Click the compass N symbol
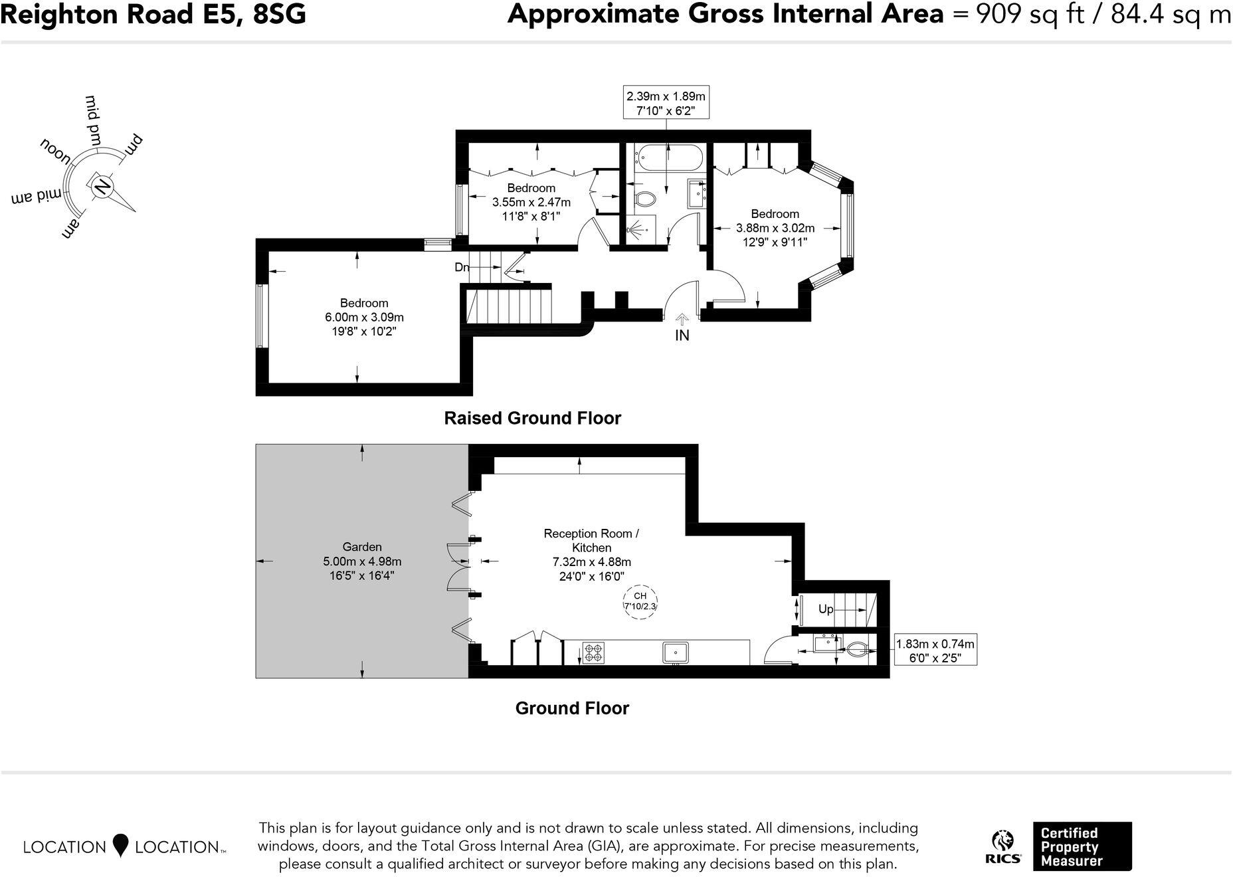(x=102, y=187)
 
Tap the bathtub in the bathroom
(x=668, y=157)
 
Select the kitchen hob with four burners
(x=593, y=652)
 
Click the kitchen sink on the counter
(x=675, y=652)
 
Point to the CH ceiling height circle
(x=640, y=601)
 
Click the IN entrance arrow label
(x=682, y=336)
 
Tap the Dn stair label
(x=462, y=268)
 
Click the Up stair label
(x=826, y=609)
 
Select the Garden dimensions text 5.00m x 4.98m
(x=362, y=561)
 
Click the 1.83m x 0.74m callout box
(x=935, y=650)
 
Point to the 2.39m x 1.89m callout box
(x=666, y=103)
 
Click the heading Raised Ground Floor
(x=532, y=418)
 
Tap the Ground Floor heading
(x=572, y=708)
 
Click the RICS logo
(x=1002, y=847)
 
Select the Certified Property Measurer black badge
(x=1082, y=846)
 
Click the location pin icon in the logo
(x=120, y=845)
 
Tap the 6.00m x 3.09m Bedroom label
(x=364, y=318)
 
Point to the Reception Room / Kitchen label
(x=591, y=540)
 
